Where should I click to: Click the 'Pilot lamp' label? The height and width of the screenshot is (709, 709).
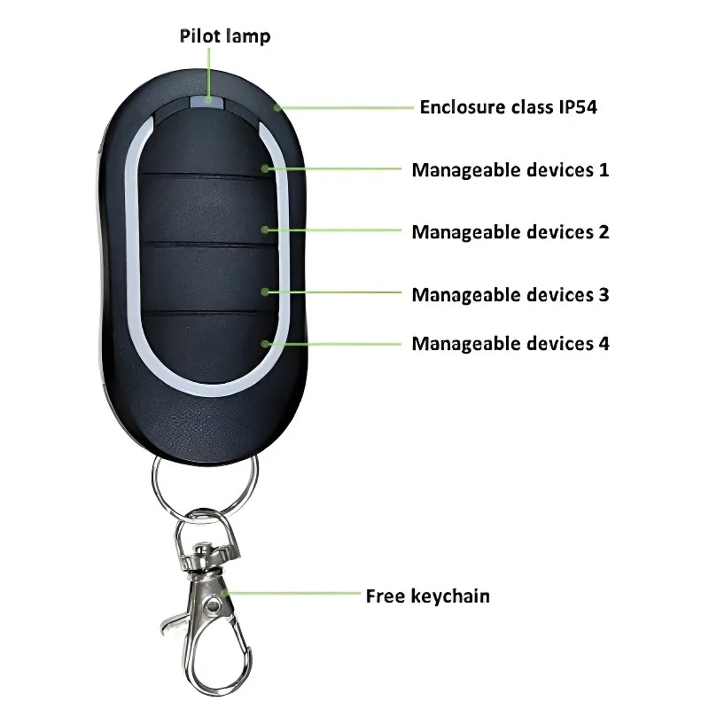coord(225,36)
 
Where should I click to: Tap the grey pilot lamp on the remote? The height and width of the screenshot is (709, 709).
coord(209,102)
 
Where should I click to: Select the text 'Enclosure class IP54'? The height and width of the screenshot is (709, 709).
coord(514,107)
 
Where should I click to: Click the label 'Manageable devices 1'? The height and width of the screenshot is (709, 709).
coord(510,169)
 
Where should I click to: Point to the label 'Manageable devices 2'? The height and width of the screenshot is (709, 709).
coord(510,232)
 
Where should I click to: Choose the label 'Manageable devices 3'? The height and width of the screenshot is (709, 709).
coord(510,294)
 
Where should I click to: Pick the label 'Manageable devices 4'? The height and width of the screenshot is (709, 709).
coord(510,343)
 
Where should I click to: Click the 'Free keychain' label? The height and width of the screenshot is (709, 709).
coord(427,596)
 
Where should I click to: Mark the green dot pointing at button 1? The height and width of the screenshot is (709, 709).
coord(265,168)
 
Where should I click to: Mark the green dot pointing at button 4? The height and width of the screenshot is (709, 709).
coord(265,342)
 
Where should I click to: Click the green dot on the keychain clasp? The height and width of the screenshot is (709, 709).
coord(225,591)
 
